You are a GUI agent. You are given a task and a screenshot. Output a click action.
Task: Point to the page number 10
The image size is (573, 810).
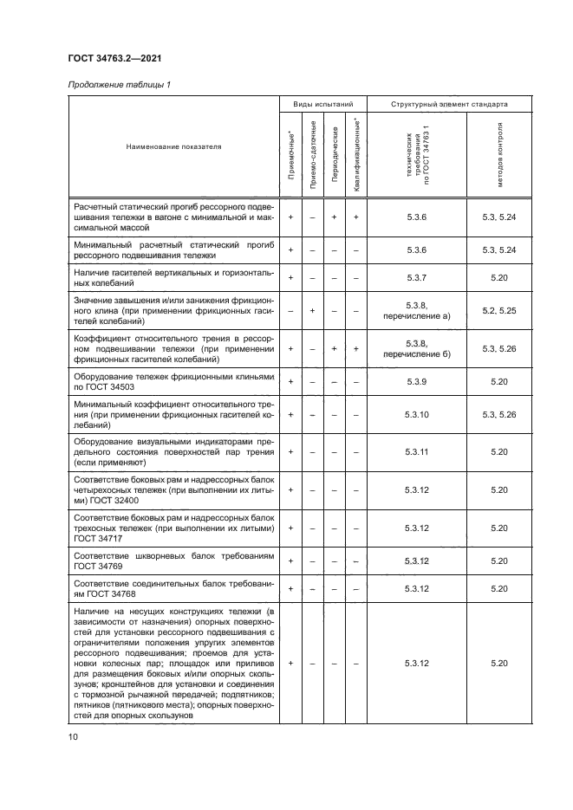[73, 736]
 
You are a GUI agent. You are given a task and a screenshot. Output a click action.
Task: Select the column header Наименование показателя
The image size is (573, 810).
[173, 146]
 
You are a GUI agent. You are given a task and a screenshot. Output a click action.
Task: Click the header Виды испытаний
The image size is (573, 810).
[322, 104]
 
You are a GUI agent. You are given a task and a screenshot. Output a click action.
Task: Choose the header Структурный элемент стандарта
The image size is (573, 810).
[449, 104]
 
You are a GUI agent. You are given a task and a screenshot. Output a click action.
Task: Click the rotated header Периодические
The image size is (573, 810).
[334, 160]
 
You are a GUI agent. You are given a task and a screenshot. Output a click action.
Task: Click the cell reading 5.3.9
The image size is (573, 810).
[416, 381]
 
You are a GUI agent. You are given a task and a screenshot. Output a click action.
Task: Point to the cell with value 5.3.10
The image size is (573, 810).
[416, 415]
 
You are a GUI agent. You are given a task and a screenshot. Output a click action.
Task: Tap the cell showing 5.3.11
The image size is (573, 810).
[416, 451]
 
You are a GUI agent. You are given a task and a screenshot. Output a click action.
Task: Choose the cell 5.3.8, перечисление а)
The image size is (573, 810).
[416, 310]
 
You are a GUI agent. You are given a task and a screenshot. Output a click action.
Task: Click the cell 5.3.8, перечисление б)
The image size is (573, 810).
[416, 348]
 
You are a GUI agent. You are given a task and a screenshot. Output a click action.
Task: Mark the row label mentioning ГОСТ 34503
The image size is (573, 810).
[173, 381]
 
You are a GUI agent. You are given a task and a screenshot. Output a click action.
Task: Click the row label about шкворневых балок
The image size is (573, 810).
[173, 560]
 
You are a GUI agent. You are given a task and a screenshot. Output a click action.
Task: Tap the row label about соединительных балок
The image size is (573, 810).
[173, 588]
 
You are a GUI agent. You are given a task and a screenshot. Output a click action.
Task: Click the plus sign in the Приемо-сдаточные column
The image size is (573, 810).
[312, 309]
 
